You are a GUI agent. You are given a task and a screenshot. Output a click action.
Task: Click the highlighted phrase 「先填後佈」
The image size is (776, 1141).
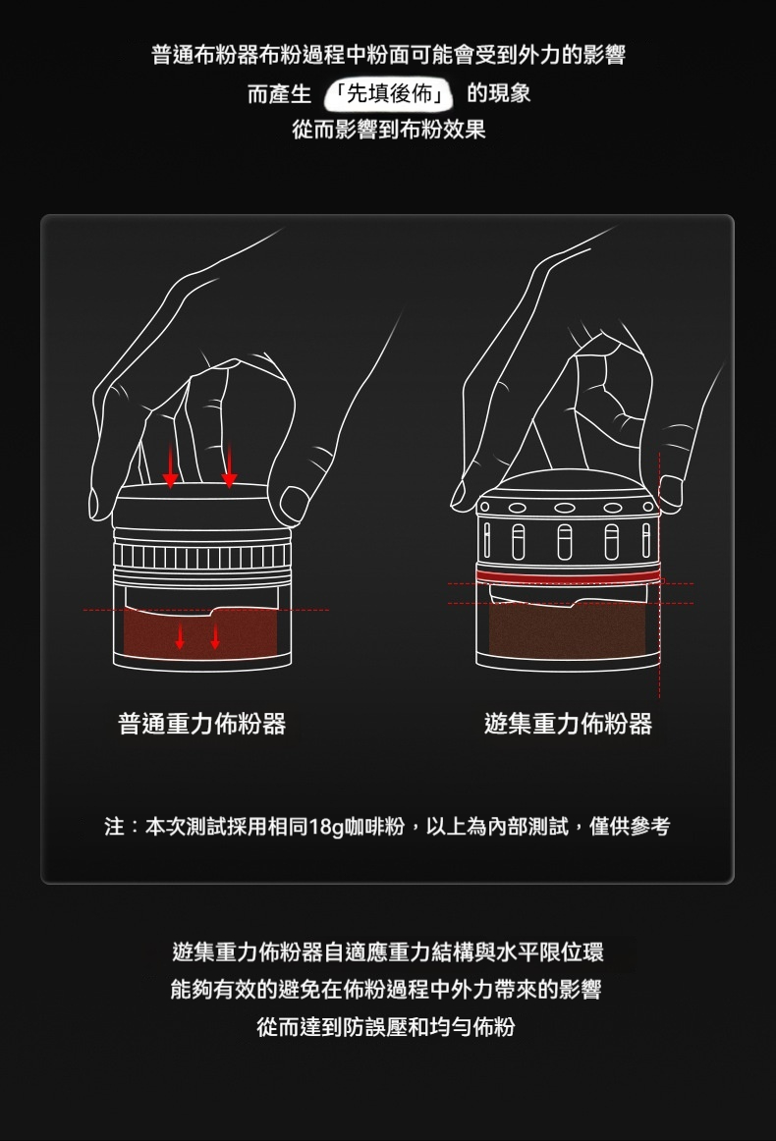[x=389, y=93]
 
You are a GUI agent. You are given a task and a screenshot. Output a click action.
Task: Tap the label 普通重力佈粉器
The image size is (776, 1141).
[x=201, y=724]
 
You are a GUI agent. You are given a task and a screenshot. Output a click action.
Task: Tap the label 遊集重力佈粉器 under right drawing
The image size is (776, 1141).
[x=568, y=724]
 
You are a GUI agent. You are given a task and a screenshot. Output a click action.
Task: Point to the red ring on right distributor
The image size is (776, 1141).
[x=568, y=575]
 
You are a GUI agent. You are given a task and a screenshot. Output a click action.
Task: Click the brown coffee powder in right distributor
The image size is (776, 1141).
[x=568, y=628]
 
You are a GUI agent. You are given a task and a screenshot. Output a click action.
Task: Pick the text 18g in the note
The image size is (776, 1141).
[x=326, y=827]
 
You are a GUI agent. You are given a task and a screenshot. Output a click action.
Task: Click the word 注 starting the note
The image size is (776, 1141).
[x=114, y=827]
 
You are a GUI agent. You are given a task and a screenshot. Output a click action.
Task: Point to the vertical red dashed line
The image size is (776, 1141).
[x=659, y=574]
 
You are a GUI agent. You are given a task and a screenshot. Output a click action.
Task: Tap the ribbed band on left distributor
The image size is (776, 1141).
[x=201, y=556]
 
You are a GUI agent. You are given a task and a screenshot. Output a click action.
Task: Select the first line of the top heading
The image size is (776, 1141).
[x=389, y=55]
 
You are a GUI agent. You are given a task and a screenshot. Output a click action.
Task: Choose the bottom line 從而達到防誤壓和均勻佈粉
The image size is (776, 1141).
[x=386, y=1027]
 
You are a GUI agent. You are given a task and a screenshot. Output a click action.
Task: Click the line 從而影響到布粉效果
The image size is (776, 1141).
[x=389, y=130]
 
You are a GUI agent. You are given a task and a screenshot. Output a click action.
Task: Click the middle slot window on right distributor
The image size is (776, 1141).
[x=565, y=542]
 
